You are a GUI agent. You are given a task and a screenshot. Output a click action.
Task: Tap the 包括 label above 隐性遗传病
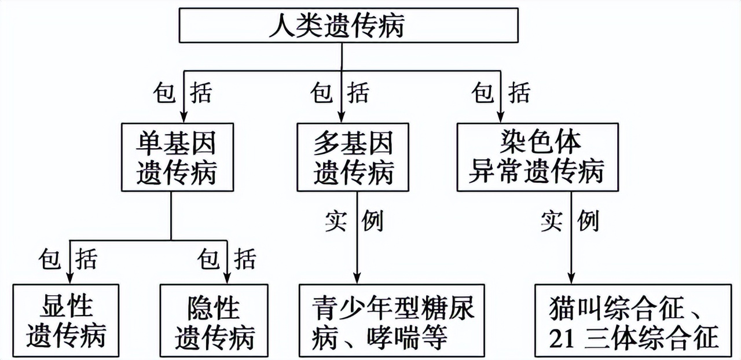[x=226, y=258]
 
